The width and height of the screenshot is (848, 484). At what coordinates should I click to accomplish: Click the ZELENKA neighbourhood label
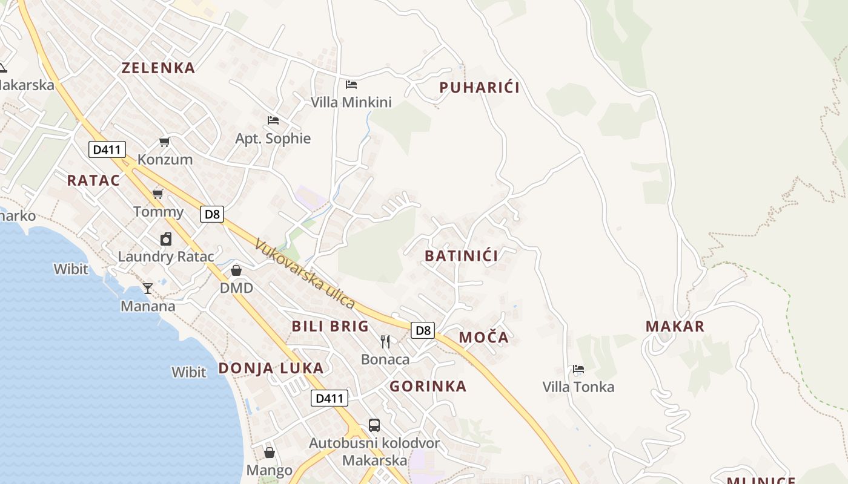pyautogui.click(x=159, y=68)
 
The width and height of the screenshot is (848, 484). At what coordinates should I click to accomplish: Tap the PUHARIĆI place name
pyautogui.click(x=479, y=88)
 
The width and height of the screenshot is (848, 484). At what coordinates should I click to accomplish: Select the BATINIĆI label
pyautogui.click(x=462, y=256)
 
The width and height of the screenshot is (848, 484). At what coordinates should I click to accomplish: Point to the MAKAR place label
pyautogui.click(x=675, y=327)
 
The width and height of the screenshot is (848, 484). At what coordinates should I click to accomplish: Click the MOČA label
pyautogui.click(x=483, y=338)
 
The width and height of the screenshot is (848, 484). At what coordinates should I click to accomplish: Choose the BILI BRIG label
pyautogui.click(x=330, y=327)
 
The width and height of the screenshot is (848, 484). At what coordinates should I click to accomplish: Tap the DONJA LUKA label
pyautogui.click(x=271, y=368)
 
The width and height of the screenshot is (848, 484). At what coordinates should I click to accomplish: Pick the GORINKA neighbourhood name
pyautogui.click(x=428, y=387)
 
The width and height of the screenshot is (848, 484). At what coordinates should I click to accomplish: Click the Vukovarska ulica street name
pyautogui.click(x=305, y=273)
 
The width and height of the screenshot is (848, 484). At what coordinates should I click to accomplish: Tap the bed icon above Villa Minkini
pyautogui.click(x=351, y=84)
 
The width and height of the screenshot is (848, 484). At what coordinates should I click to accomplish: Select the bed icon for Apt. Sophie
pyautogui.click(x=273, y=120)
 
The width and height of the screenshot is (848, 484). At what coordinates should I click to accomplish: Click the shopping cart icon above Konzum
pyautogui.click(x=164, y=142)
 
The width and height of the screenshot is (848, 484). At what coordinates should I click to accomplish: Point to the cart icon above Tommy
pyautogui.click(x=158, y=194)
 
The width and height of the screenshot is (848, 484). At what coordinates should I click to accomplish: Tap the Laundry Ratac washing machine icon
pyautogui.click(x=166, y=239)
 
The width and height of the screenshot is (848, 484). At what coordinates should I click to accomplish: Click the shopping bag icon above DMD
pyautogui.click(x=236, y=270)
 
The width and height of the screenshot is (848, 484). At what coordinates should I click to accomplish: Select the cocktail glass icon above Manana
pyautogui.click(x=148, y=289)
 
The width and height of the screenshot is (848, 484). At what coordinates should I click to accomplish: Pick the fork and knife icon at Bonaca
pyautogui.click(x=385, y=342)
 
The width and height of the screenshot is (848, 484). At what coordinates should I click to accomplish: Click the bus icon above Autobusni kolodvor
pyautogui.click(x=374, y=425)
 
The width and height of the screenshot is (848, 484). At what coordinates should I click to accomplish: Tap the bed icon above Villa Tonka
pyautogui.click(x=578, y=369)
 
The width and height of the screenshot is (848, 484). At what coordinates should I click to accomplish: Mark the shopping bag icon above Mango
pyautogui.click(x=270, y=453)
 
